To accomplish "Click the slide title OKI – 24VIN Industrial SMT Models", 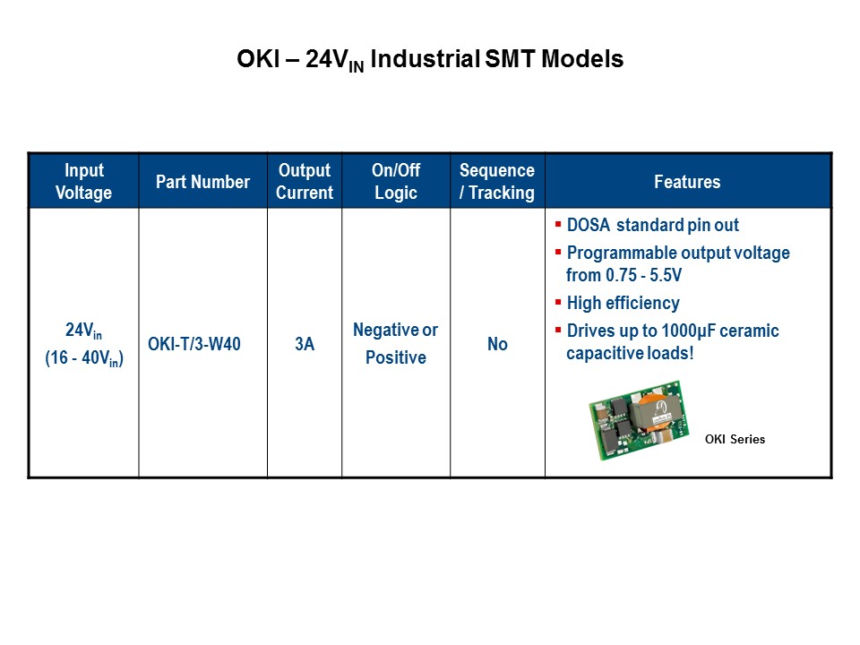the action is (430, 59).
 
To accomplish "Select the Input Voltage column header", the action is (84, 181).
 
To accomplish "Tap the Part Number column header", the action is (203, 182).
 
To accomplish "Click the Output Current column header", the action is (305, 181).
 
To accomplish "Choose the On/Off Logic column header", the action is (396, 181).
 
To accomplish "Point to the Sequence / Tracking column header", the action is (497, 181).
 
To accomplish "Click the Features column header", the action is (687, 182).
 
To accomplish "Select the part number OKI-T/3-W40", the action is (194, 344).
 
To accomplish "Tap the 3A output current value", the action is (305, 344).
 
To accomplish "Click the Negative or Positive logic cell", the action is (395, 343).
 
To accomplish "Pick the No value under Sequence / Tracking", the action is (497, 344).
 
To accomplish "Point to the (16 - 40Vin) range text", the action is (84, 358).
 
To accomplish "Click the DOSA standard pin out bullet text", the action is (653, 225).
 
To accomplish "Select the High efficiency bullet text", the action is (623, 303).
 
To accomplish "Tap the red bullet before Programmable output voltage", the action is (558, 253).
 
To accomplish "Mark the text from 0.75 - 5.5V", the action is (624, 275).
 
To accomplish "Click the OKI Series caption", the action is (735, 439).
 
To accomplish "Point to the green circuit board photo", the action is (639, 420).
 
